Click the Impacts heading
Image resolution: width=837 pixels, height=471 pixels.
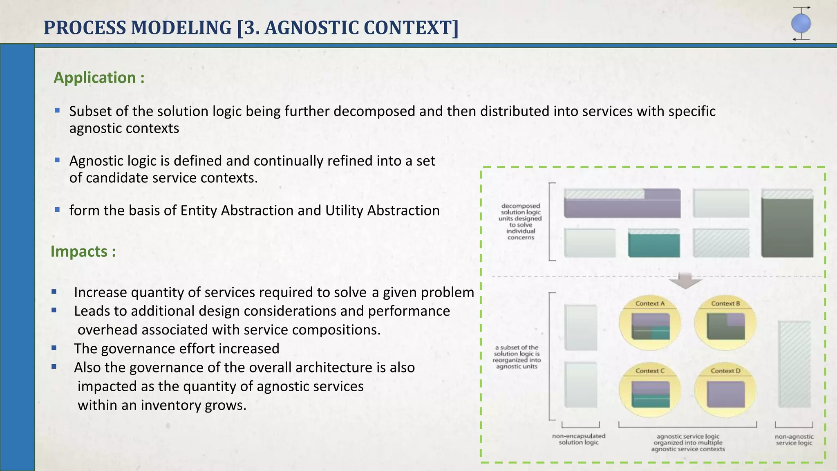click(x=83, y=251)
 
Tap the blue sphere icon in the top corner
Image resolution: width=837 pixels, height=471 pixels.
click(x=801, y=24)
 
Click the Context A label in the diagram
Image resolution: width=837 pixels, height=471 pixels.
click(x=650, y=303)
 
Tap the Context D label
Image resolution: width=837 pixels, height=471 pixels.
click(x=725, y=371)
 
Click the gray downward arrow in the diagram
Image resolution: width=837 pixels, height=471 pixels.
click(x=685, y=280)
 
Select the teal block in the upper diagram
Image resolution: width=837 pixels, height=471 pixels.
click(x=654, y=244)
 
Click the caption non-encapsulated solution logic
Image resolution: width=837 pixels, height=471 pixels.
click(x=578, y=439)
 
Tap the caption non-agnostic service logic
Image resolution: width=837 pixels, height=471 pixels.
click(x=794, y=440)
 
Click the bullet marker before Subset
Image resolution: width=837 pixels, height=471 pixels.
click(x=57, y=110)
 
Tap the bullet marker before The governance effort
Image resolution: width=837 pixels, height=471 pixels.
click(x=54, y=348)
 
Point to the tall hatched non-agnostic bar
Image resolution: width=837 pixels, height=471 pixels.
click(x=794, y=364)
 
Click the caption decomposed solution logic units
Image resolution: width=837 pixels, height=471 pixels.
click(x=520, y=222)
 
